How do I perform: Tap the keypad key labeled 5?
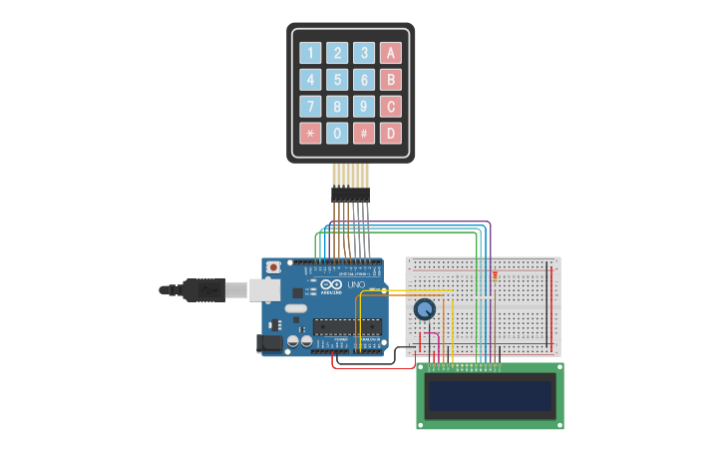coord(338,80)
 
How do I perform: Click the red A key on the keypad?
coord(391,53)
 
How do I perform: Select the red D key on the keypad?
coord(391,133)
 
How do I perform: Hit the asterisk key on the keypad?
coord(311,133)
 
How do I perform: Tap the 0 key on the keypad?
coord(338,133)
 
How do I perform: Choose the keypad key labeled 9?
coord(364,107)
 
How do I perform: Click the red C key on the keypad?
coord(391,107)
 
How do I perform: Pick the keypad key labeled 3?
coord(364,53)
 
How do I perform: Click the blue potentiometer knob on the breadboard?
coord(425,310)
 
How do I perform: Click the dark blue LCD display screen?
coord(490,396)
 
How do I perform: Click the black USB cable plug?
coord(204,289)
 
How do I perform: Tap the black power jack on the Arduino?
coord(269,342)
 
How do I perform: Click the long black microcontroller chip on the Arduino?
coord(347,326)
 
